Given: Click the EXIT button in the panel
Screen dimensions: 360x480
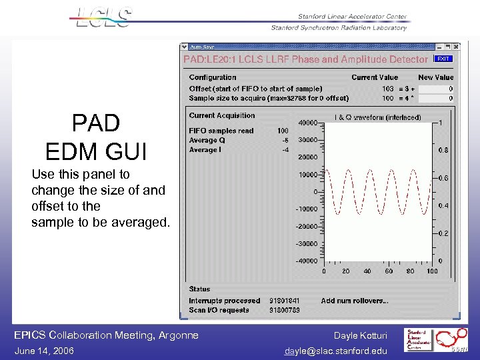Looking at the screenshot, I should [443, 59].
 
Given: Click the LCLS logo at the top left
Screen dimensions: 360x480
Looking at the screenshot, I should [104, 17].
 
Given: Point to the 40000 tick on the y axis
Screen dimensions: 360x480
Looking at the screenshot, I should [307, 123].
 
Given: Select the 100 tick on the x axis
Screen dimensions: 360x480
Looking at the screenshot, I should [432, 271].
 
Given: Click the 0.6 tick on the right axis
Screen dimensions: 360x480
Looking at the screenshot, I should [443, 178].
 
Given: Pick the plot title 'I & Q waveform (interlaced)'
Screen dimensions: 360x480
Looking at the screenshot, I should [378, 117].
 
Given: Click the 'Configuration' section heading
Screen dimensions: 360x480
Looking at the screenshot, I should [213, 77].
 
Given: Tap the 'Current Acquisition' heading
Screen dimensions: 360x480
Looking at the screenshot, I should [222, 115].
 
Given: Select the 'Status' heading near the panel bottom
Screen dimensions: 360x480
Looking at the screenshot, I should [199, 289].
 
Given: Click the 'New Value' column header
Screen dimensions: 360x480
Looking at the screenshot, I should [435, 77].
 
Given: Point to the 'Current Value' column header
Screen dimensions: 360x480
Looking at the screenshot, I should [375, 77].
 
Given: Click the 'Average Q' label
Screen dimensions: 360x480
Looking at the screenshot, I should [207, 140].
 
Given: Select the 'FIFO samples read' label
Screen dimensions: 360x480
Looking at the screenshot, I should [221, 131].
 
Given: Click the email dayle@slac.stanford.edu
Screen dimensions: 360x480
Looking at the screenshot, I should [336, 351].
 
